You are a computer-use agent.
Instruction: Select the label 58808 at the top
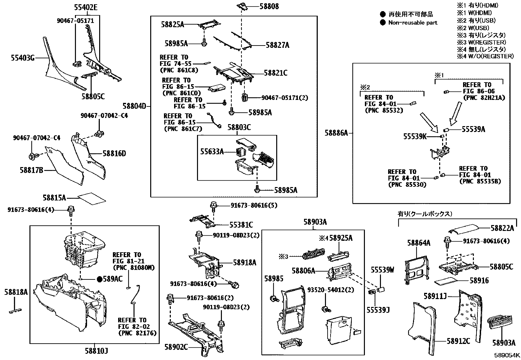[x=269, y=6]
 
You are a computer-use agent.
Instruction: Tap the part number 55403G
[x=23, y=58]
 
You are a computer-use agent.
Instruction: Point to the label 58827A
[x=277, y=45]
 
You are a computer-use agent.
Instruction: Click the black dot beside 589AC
[x=99, y=279]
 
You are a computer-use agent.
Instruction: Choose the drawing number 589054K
[x=507, y=355]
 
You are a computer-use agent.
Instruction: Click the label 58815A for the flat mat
[x=54, y=198]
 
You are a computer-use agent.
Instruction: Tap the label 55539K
[x=415, y=136]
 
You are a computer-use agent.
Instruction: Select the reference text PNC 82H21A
[x=484, y=98]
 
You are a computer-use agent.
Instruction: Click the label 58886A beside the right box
[x=336, y=133]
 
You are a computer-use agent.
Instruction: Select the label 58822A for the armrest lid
[x=502, y=228]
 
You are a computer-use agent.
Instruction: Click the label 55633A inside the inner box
[x=212, y=151]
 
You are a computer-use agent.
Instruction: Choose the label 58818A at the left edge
[x=16, y=292]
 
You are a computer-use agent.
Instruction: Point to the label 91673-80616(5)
[x=254, y=205]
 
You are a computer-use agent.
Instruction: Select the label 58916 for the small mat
[x=479, y=280]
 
